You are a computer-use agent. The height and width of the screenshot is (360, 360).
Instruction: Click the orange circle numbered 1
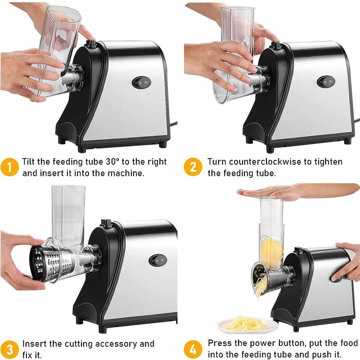[9, 167]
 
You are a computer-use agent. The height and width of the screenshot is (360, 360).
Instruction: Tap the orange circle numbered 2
[193, 167]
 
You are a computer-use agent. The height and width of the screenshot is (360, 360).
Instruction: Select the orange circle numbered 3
[9, 349]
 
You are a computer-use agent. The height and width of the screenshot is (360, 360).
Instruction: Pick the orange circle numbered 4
[193, 349]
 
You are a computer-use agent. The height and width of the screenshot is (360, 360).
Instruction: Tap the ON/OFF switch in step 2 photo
[326, 82]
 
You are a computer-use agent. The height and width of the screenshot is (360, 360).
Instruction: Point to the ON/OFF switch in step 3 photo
[158, 260]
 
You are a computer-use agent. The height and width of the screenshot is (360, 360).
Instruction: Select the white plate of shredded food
[246, 324]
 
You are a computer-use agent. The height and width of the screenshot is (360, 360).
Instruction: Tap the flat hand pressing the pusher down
[270, 193]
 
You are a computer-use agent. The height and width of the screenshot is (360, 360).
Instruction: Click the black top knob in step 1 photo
[91, 44]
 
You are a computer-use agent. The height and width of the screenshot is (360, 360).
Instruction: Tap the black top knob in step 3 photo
[107, 223]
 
